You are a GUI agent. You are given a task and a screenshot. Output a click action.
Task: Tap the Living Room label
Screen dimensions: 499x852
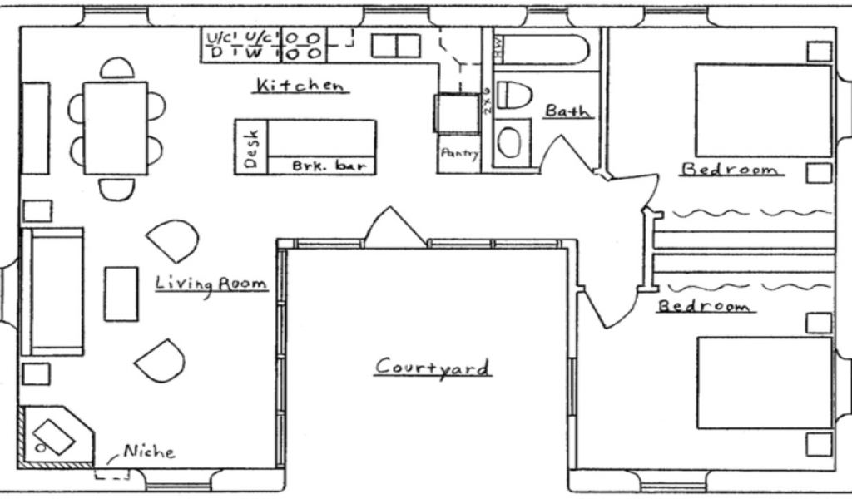coord(211,284)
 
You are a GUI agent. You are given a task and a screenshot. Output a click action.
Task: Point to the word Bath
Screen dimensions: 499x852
coord(569,111)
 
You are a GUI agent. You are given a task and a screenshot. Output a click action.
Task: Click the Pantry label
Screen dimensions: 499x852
coord(458,153)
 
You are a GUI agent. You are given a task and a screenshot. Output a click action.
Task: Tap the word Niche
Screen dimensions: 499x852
coord(149,452)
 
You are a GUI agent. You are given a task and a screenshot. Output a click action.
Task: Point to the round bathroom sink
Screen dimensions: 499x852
coord(511,142)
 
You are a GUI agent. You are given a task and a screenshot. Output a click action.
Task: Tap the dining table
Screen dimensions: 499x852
coord(116,127)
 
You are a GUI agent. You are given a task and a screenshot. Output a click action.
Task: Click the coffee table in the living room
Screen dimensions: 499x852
coord(121,294)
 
